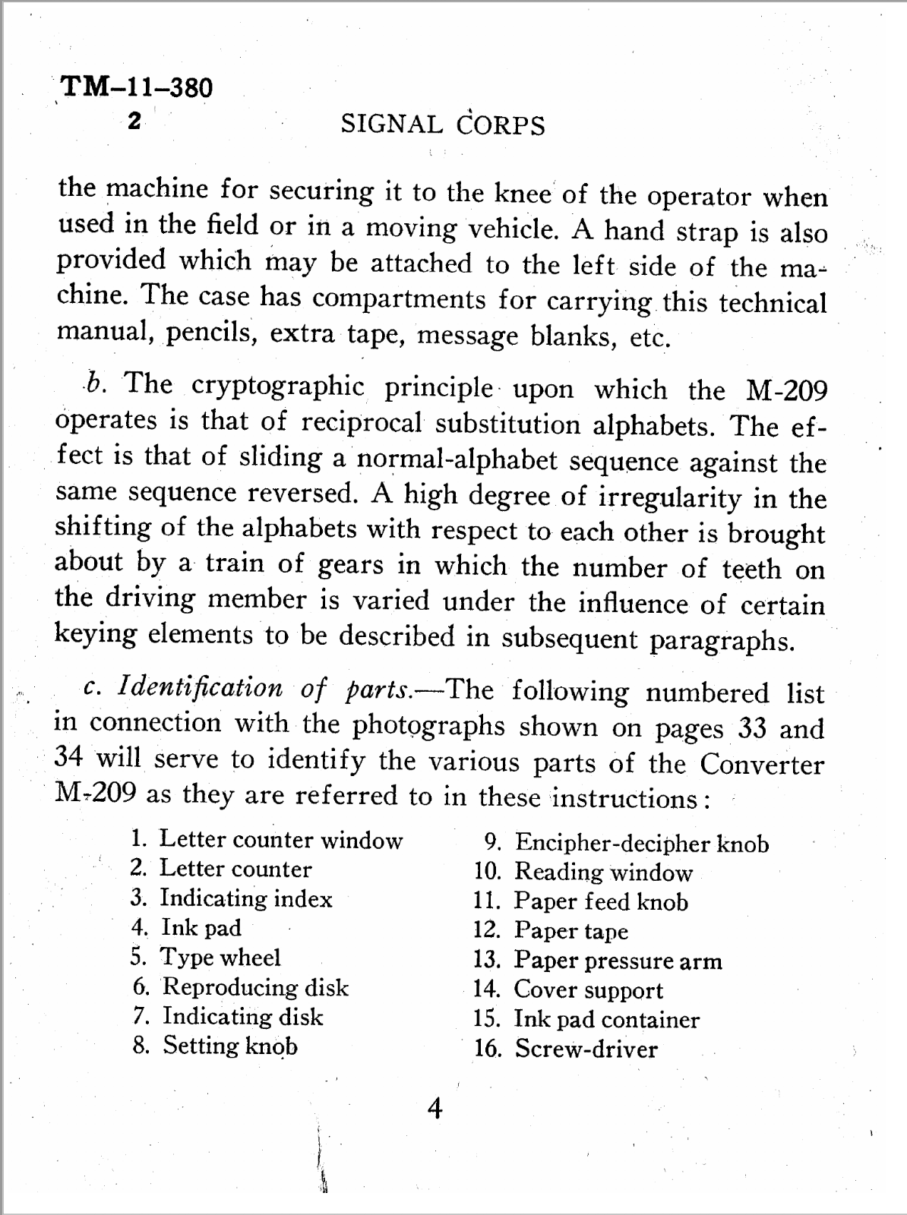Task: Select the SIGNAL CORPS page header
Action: point(443,125)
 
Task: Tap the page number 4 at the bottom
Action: point(435,1109)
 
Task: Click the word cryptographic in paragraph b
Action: point(278,387)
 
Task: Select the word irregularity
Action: point(669,497)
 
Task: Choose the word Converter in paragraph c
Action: point(761,763)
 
